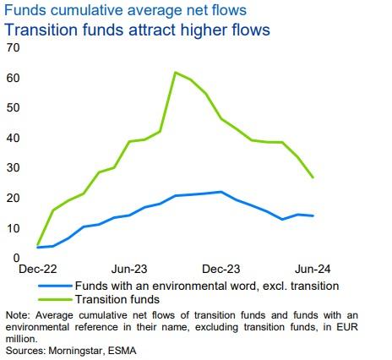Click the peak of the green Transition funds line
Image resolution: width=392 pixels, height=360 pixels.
(x=175, y=73)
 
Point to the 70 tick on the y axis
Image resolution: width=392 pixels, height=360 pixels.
(x=13, y=47)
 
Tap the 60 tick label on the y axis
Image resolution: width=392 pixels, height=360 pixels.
(x=13, y=78)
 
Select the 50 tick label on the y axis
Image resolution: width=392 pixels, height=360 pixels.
(x=13, y=107)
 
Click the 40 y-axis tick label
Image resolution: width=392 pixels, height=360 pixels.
(x=13, y=138)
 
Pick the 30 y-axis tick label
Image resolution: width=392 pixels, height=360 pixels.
(x=13, y=167)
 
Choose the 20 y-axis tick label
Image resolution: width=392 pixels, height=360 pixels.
(x=13, y=198)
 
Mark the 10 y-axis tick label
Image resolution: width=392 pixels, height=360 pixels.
(x=13, y=228)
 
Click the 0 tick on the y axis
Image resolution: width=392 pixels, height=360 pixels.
(x=16, y=258)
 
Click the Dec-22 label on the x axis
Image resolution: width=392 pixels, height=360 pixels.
(x=37, y=269)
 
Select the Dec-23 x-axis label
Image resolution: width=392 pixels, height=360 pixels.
(x=221, y=269)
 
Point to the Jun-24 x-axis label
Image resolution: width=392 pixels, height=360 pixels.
(x=313, y=269)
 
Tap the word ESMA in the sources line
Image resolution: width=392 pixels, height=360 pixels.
(x=120, y=349)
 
